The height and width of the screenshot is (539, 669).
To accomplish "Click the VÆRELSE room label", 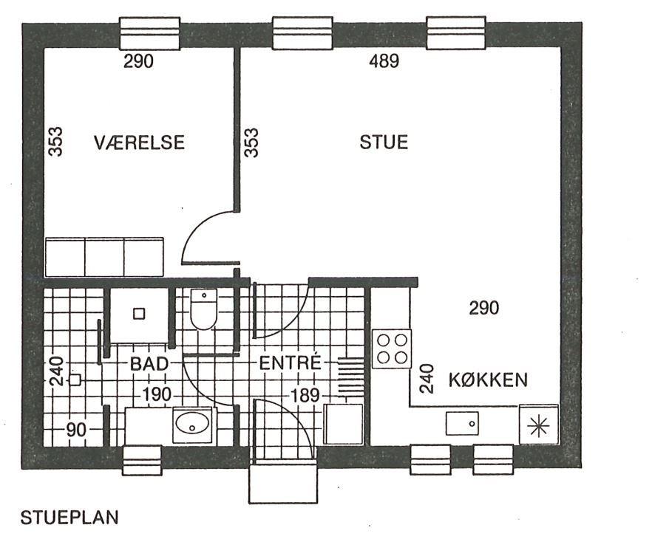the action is tap(139, 142).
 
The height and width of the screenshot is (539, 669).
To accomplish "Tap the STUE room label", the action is tap(384, 142).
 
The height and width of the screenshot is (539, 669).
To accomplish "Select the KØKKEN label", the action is tap(488, 380).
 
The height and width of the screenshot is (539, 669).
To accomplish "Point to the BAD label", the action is tap(149, 364).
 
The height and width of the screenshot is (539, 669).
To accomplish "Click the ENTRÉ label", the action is tap(290, 363).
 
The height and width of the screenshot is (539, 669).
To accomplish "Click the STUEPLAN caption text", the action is tap(69, 518).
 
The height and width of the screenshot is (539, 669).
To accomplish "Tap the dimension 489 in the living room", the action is tap(384, 61).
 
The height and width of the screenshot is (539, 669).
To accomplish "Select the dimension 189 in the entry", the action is tap(305, 396).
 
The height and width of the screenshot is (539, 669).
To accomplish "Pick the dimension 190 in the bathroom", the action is tap(157, 394).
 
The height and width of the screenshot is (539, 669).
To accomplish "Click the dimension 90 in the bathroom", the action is tap(76, 430).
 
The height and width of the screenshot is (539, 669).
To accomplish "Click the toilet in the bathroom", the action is tap(203, 309).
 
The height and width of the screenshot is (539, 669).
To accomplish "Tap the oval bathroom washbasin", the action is tap(192, 425).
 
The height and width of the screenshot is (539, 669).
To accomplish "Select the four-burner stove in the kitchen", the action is tap(392, 349).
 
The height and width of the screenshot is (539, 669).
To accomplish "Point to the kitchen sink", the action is tap(462, 424).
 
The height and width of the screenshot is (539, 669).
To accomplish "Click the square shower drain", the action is tap(139, 314).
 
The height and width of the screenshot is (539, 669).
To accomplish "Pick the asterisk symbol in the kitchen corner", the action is tap(538, 427).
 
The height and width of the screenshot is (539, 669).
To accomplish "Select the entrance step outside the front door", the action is tap(283, 484).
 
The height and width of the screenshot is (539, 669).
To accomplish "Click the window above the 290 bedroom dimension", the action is tap(149, 33).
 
